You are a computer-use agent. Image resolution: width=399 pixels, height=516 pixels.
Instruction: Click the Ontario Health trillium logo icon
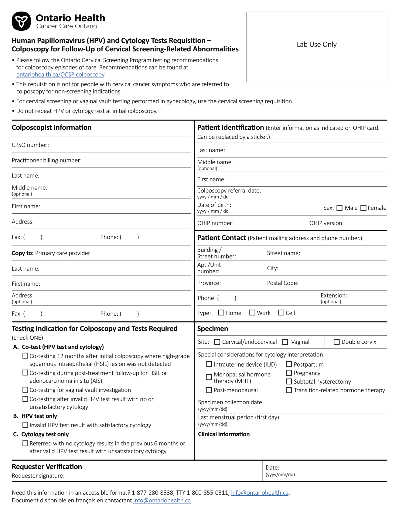[x=21, y=21]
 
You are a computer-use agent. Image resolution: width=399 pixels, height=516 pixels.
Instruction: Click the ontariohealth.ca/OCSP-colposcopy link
[x=60, y=75]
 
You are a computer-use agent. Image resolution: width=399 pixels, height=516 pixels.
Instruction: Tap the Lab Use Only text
[x=316, y=45]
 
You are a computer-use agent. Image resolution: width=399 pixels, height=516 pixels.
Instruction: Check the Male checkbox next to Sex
[x=339, y=208]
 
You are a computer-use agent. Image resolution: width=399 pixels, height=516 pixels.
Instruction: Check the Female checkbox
[x=363, y=208]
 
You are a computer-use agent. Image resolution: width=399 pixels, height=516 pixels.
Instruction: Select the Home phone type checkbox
[x=221, y=313]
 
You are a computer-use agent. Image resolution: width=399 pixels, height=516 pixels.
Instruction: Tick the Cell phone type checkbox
[x=281, y=313]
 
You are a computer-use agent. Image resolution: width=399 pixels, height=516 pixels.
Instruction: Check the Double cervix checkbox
[x=336, y=342]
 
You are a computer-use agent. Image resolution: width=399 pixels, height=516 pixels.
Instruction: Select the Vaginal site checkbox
[x=285, y=342]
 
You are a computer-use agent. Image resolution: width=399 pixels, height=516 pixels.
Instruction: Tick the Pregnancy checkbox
[x=289, y=373]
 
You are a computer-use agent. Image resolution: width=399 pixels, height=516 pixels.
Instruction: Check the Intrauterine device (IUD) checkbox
[x=209, y=364]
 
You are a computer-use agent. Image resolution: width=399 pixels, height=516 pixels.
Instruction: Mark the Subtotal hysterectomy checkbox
[x=289, y=381]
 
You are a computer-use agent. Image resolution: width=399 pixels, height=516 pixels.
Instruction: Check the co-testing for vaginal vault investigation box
[x=25, y=390]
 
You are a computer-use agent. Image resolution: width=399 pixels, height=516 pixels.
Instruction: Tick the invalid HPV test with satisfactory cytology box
[x=25, y=425]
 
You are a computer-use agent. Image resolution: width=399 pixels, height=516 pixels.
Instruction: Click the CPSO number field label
[x=30, y=145]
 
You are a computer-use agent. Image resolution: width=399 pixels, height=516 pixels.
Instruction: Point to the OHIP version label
[x=326, y=223]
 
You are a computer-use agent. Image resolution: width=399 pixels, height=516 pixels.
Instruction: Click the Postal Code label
[x=283, y=283]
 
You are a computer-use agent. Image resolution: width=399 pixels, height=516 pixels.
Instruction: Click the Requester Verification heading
[x=47, y=467]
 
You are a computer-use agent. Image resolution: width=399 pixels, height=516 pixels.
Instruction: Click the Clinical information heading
[x=224, y=434]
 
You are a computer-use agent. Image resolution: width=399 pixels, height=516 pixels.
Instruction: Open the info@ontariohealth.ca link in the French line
[x=162, y=500]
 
